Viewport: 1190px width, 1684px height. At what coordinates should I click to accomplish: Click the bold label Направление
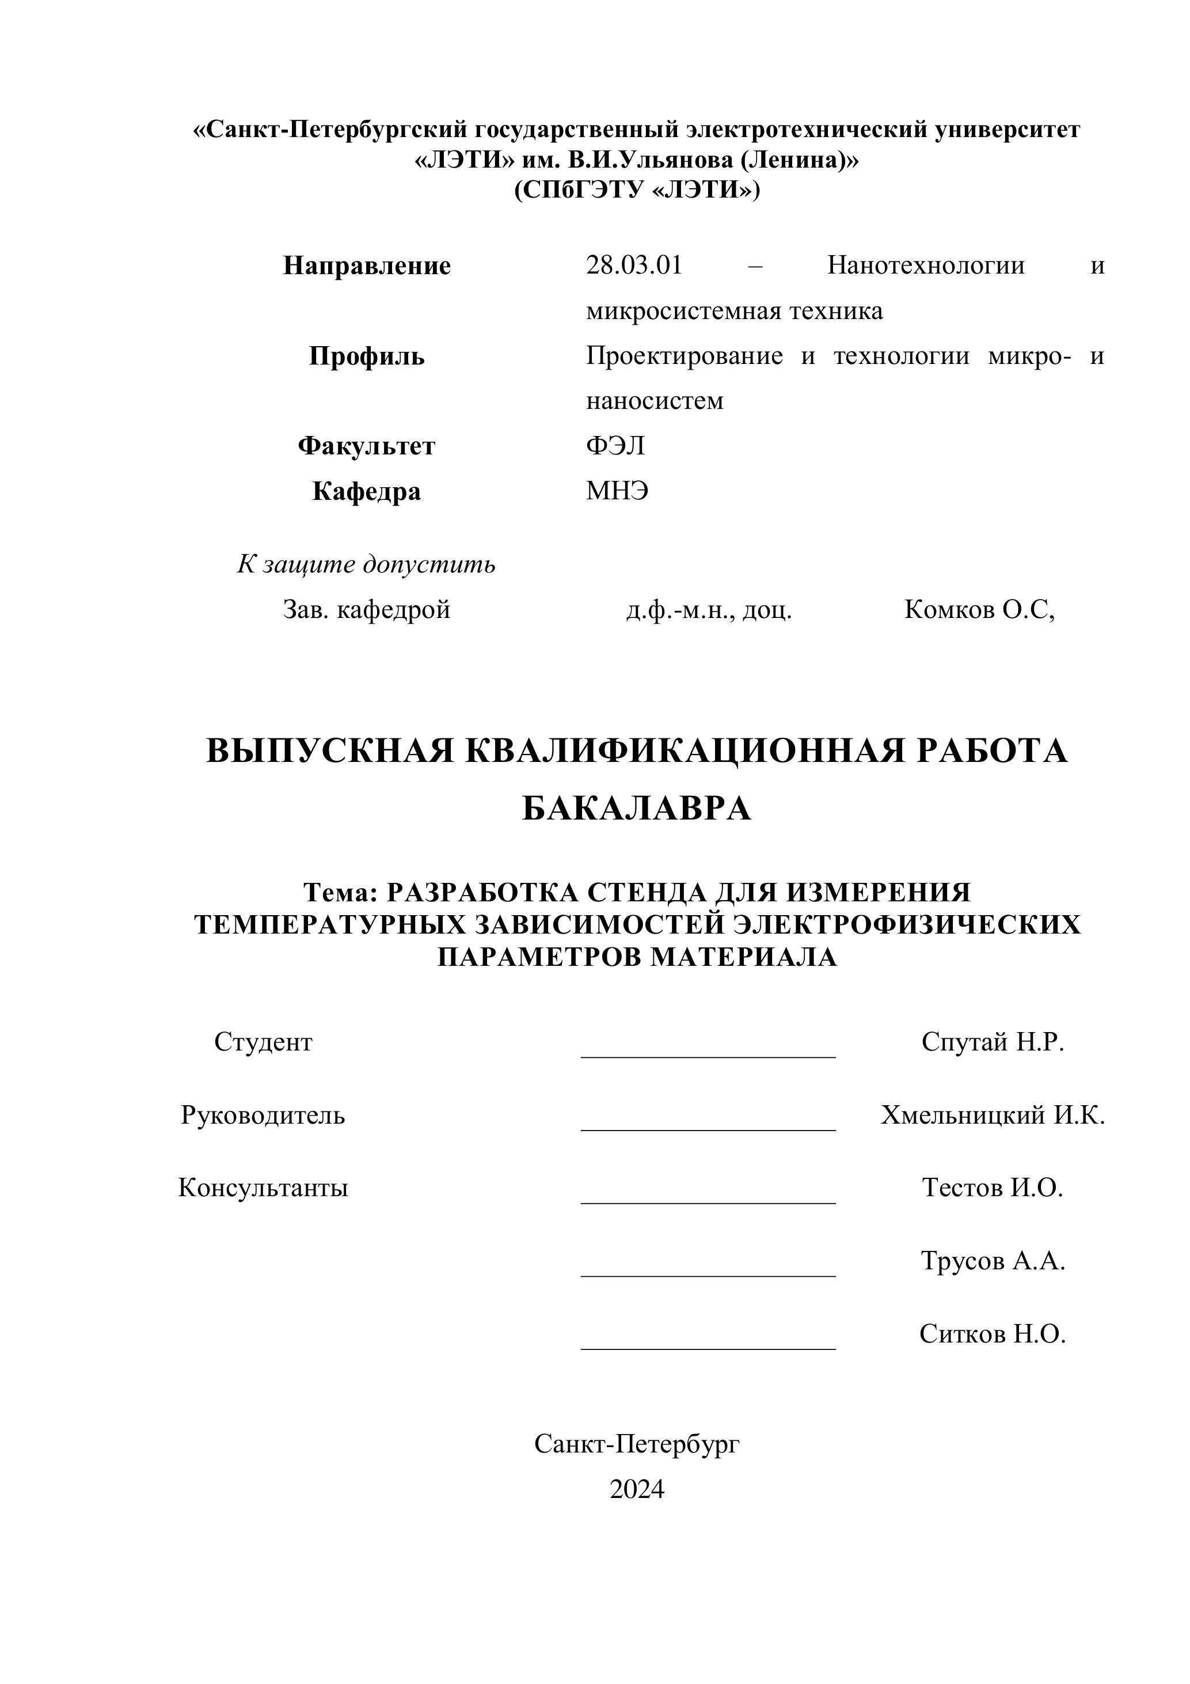click(367, 266)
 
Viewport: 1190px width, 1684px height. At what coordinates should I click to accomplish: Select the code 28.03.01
click(633, 265)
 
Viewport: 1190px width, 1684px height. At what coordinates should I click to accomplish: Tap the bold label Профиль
click(367, 356)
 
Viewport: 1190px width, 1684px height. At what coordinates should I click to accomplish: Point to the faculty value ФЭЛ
click(615, 446)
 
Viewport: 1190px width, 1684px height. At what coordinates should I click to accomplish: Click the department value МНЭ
click(617, 491)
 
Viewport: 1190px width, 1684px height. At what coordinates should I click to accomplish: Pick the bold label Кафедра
click(367, 491)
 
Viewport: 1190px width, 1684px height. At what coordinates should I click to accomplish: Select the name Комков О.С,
click(979, 609)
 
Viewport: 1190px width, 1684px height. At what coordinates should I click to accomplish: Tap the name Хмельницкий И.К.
click(993, 1115)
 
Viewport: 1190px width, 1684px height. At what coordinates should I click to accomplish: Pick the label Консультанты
click(263, 1188)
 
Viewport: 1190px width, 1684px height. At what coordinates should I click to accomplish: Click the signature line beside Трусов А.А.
click(708, 1275)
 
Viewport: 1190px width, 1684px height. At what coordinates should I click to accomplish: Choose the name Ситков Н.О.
click(993, 1334)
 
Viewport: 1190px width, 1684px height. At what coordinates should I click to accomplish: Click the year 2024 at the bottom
click(636, 1490)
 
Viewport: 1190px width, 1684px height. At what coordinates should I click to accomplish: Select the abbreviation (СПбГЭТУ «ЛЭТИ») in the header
click(636, 190)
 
